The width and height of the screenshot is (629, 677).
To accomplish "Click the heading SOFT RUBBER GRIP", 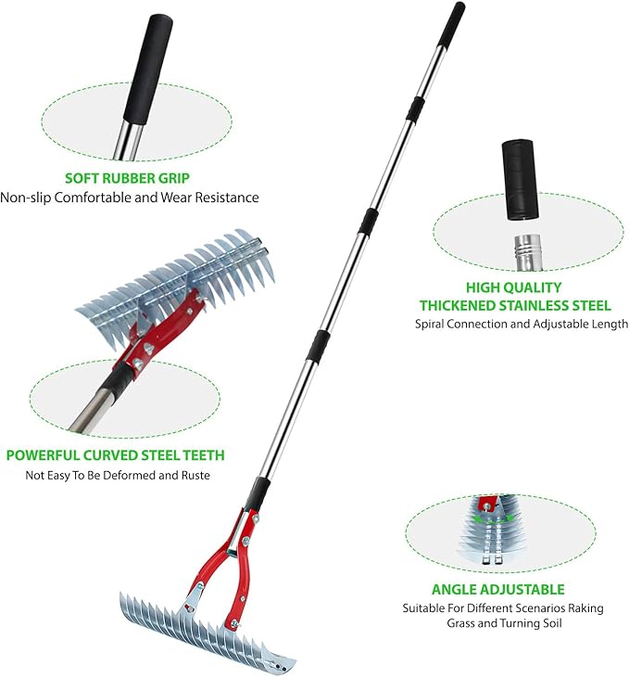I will coord(130,177).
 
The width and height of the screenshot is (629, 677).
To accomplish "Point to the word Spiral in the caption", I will coord(434,324).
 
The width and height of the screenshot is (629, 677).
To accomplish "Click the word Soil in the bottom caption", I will coord(552,624).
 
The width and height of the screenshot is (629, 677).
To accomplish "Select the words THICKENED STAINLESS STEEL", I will coord(514,305).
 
